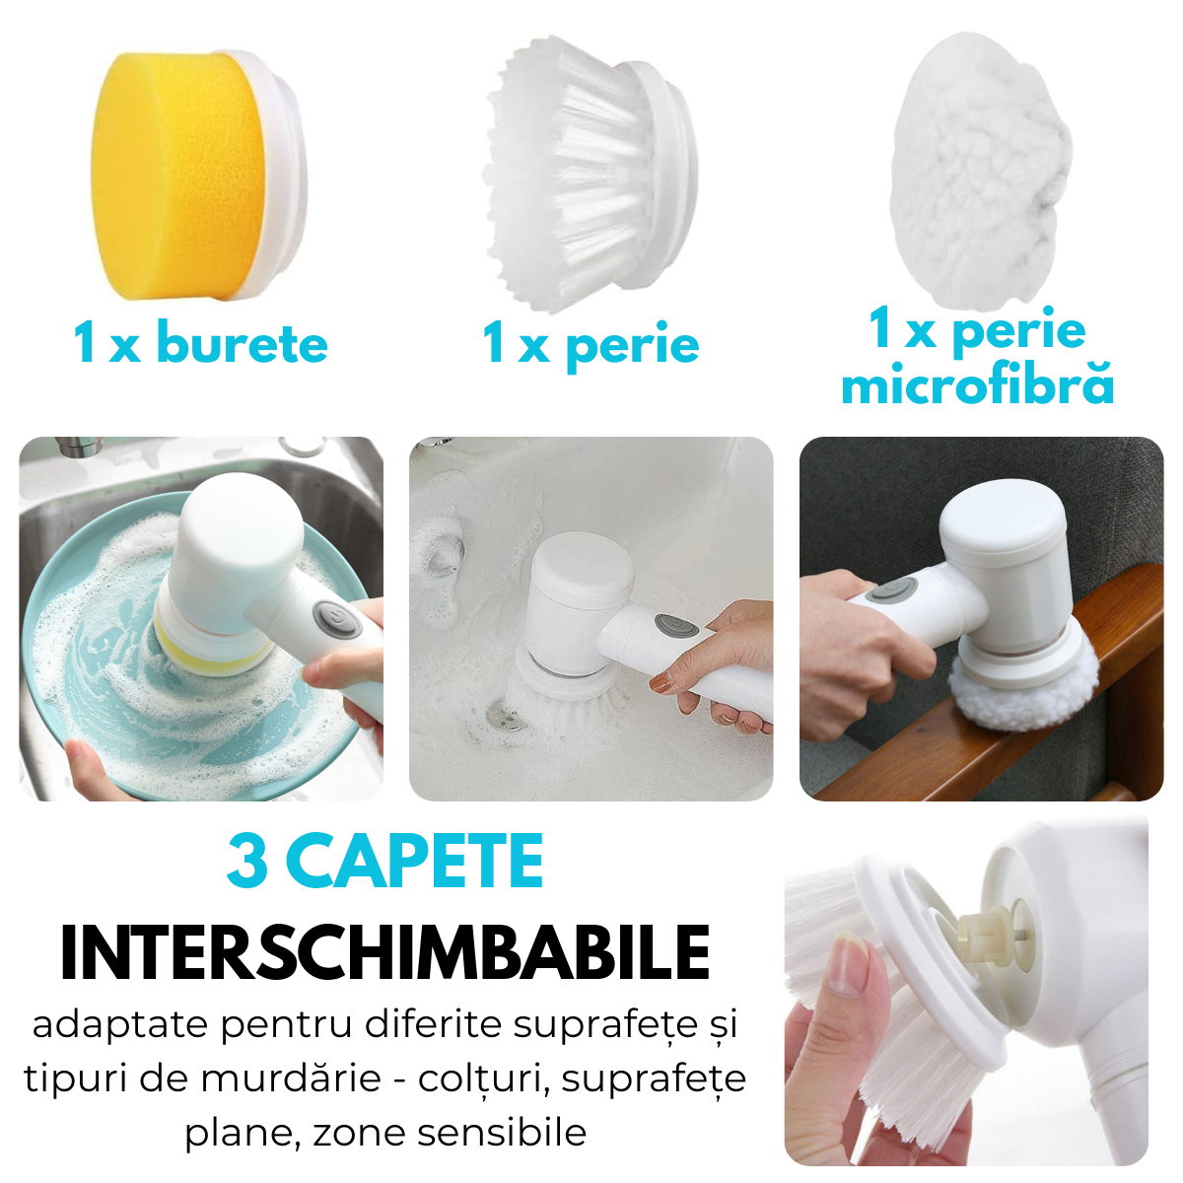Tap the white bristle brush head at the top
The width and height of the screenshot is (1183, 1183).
coord(590,174)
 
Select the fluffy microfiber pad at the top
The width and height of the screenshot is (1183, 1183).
coord(980,170)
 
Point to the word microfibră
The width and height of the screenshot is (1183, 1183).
coord(977,384)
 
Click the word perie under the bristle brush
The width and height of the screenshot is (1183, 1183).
coord(632,347)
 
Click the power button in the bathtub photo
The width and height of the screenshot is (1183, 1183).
coord(675,627)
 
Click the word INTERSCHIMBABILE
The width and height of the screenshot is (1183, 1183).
coord(384,952)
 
